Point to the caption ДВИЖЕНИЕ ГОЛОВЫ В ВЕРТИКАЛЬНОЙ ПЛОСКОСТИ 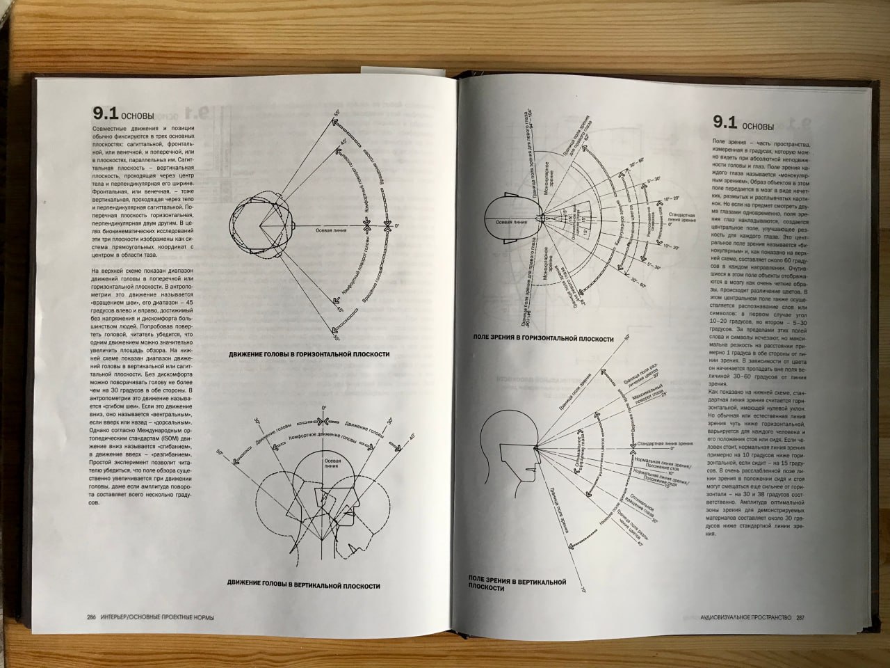pyautogui.click(x=303, y=586)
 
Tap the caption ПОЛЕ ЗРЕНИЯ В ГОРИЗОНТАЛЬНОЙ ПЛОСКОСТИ pyautogui.click(x=543, y=339)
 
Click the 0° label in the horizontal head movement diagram pyautogui.click(x=397, y=226)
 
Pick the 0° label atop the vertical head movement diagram pyautogui.click(x=323, y=407)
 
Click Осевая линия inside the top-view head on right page pyautogui.click(x=511, y=221)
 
